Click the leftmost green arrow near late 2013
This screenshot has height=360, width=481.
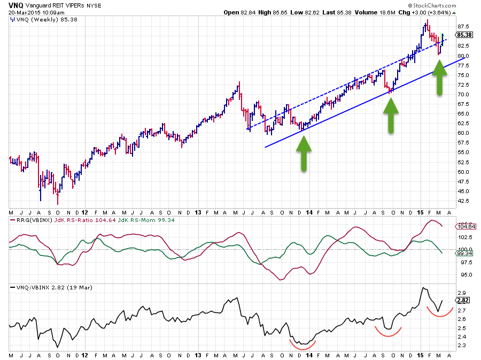[x=304, y=154]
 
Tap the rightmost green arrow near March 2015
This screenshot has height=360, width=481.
[x=439, y=78]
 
